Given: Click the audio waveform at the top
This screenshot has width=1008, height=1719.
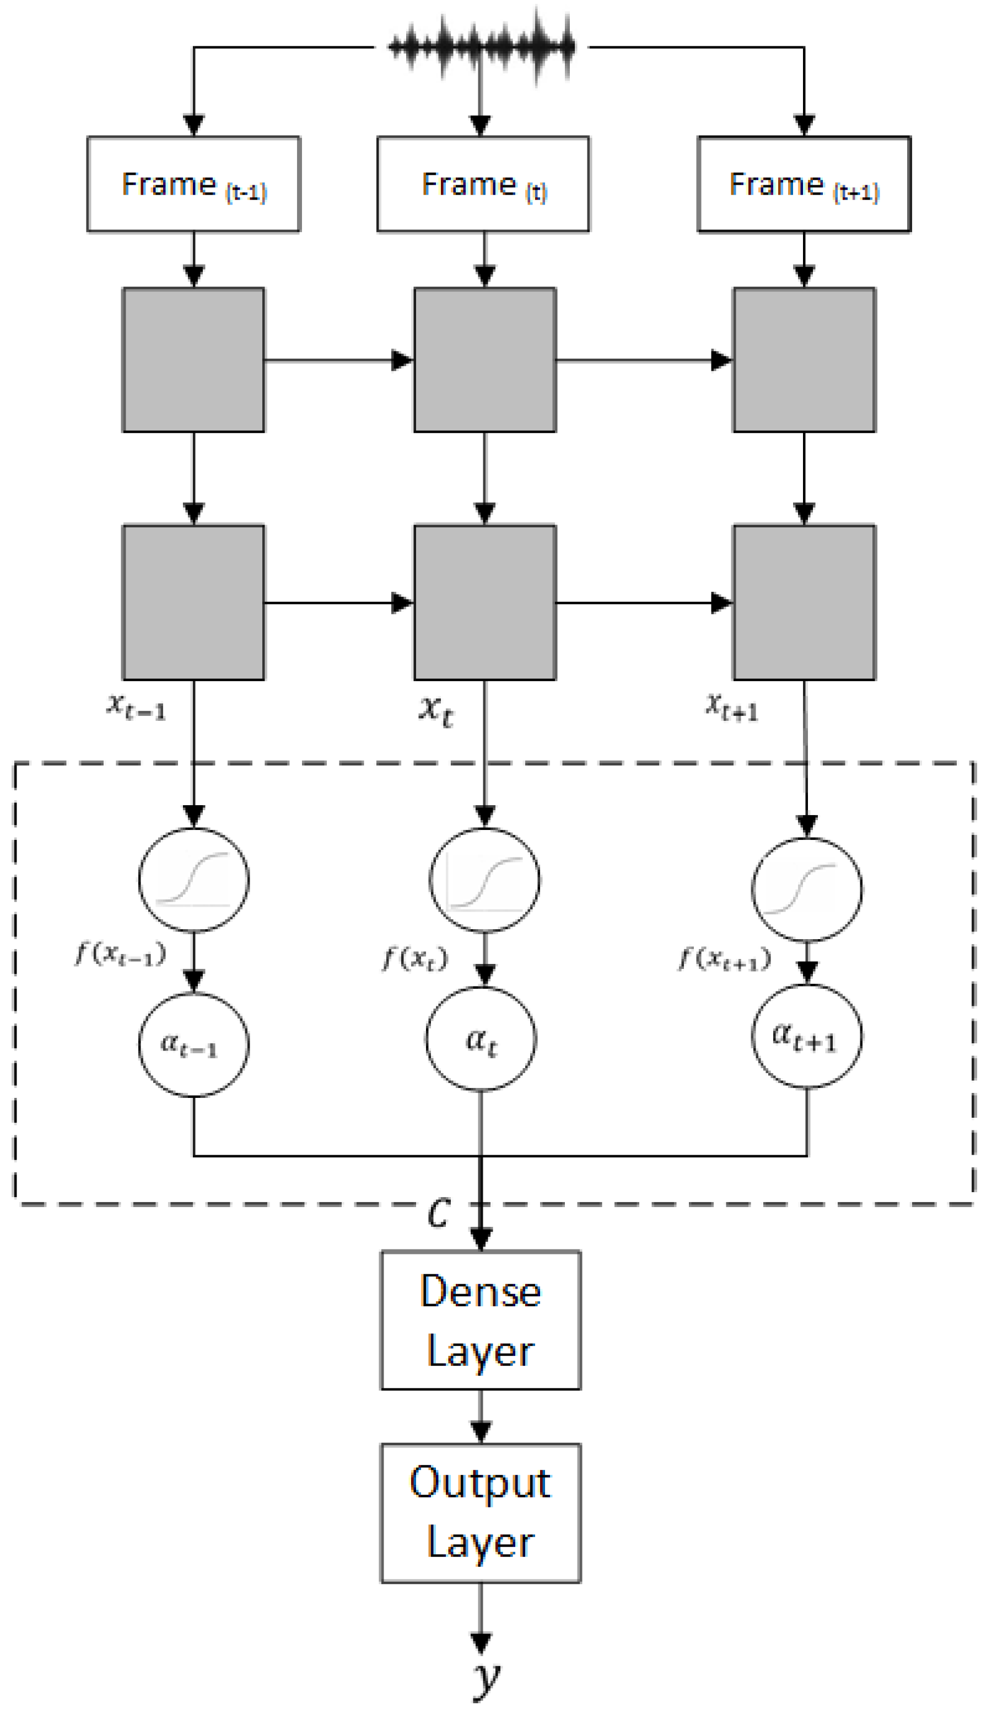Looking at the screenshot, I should (x=481, y=46).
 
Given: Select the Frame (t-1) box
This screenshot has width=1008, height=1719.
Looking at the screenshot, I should (x=193, y=184).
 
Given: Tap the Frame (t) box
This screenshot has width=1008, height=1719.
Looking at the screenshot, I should (x=483, y=184).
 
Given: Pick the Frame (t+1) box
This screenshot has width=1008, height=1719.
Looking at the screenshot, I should (x=804, y=184).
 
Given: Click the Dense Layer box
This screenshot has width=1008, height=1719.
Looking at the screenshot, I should (x=481, y=1321).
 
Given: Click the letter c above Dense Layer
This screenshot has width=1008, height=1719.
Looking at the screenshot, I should (x=439, y=1211).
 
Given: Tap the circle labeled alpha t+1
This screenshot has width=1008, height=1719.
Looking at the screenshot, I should (x=807, y=1036).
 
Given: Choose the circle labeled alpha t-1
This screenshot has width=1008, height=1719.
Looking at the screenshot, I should (x=193, y=1045).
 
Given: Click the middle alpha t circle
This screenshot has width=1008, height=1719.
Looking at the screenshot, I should (x=481, y=1039).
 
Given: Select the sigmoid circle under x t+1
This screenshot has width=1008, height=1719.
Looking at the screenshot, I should (x=807, y=890).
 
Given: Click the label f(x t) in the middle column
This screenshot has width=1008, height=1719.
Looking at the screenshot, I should (x=414, y=958).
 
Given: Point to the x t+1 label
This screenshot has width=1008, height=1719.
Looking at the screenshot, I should (x=732, y=707).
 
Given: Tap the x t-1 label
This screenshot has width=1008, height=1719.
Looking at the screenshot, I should (x=136, y=707).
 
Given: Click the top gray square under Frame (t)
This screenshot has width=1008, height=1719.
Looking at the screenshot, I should (x=485, y=359).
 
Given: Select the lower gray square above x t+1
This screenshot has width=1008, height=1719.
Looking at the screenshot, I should (x=804, y=602).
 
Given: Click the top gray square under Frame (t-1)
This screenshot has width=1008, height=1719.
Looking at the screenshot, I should (x=193, y=359).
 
